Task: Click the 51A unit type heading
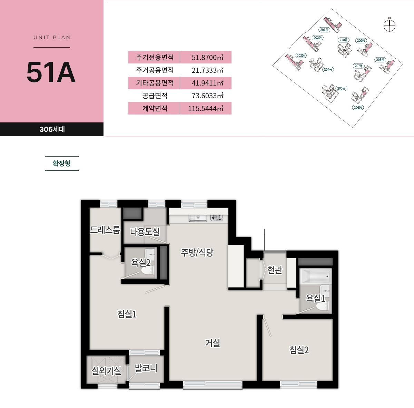[51, 72]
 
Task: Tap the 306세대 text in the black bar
[52, 129]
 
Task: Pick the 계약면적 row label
[155, 108]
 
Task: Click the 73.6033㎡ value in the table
[207, 96]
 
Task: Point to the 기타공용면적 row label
[155, 83]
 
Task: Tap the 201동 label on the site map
[324, 30]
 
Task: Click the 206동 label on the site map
[358, 107]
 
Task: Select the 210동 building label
[344, 40]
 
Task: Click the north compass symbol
[389, 26]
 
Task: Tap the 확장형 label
[62, 163]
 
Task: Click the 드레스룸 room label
[105, 230]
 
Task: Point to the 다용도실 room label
[145, 232]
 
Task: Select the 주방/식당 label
[197, 252]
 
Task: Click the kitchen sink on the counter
[198, 218]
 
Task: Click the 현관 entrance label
[275, 270]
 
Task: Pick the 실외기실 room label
[107, 371]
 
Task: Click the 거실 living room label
[213, 343]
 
